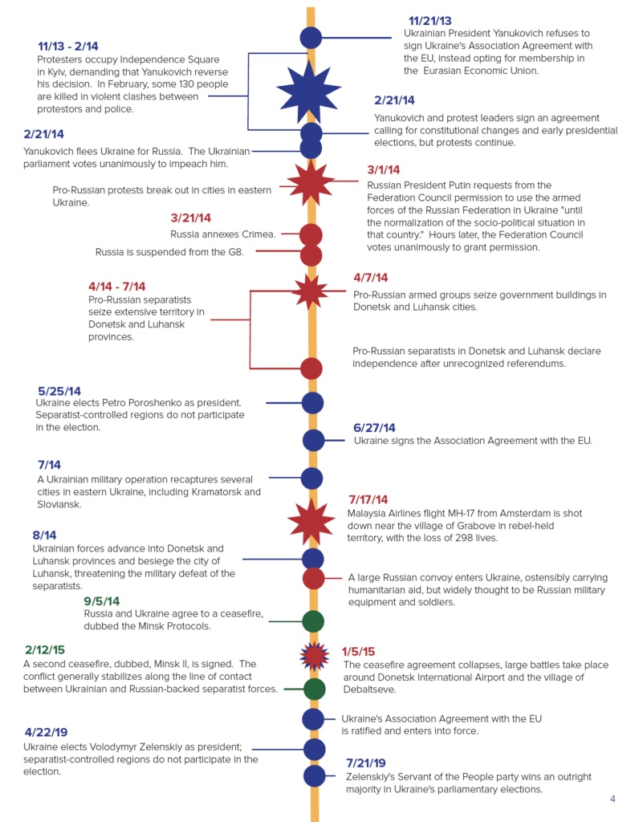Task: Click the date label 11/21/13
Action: tap(429, 21)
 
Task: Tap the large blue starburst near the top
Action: tap(309, 90)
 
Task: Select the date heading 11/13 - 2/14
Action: tap(68, 47)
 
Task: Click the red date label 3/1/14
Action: tap(383, 170)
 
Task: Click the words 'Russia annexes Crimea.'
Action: tap(223, 234)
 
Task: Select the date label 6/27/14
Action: tap(374, 428)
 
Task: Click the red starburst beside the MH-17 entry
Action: tap(311, 520)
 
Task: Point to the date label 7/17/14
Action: tap(368, 499)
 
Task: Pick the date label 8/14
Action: tap(45, 535)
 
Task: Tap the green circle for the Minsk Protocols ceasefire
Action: tap(312, 621)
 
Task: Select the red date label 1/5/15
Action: tap(358, 652)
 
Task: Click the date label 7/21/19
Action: tap(366, 763)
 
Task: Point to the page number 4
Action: tap(613, 799)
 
